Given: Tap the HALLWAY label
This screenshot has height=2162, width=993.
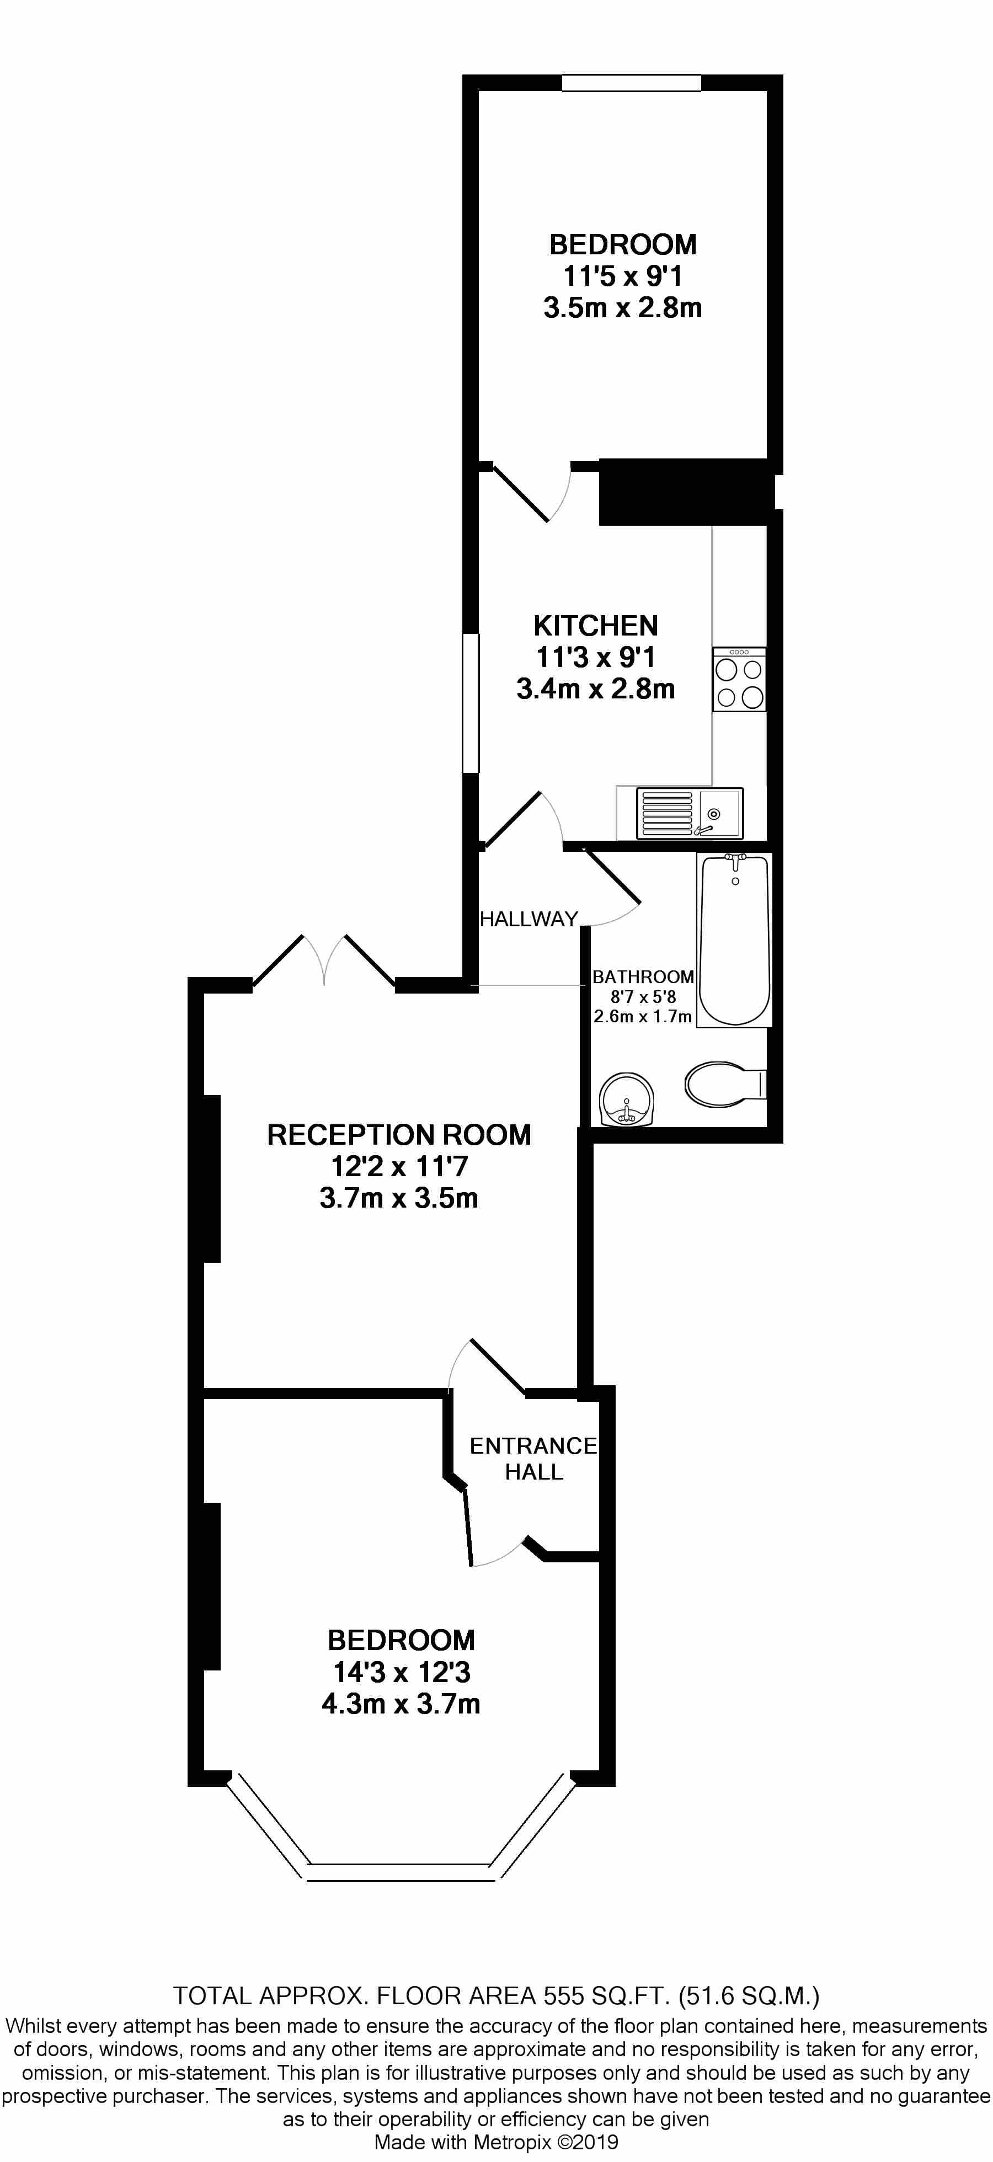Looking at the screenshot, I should point(529,919).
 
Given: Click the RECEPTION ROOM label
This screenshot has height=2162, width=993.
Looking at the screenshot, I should point(399,1135).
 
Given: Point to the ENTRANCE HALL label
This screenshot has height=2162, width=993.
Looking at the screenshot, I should point(533,1458).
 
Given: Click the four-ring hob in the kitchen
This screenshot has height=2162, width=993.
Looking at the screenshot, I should point(739,680).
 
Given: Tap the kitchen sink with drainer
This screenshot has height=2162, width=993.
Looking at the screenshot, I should point(689,813).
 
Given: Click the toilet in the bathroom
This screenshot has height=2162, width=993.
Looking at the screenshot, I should point(722,1085).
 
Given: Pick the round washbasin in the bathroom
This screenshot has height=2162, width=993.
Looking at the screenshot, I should point(626,1100).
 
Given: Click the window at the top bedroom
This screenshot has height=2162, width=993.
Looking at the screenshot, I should point(631,82).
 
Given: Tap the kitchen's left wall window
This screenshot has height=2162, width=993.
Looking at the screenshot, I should point(471,702).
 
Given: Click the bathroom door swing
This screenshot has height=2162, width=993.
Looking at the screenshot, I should point(613,890).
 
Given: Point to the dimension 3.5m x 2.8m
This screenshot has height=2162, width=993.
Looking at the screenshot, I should point(622,308).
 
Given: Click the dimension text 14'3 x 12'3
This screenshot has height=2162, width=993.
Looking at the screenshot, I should point(401,1672).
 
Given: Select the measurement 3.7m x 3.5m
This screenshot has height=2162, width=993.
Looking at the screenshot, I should point(399,1198).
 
